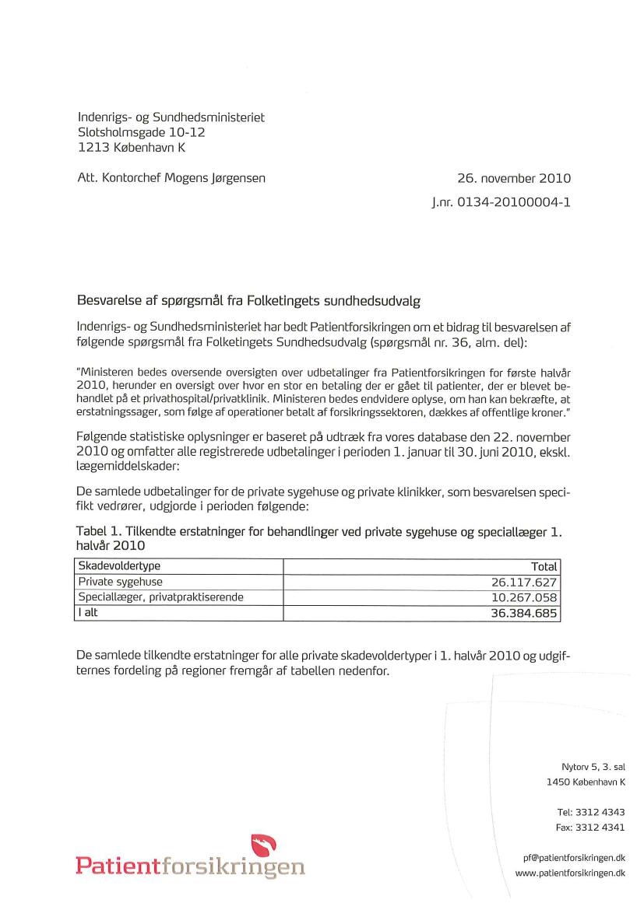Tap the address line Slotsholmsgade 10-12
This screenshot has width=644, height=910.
coord(142,132)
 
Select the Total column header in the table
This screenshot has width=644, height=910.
coord(544,567)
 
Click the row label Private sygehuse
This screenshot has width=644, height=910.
coord(121,582)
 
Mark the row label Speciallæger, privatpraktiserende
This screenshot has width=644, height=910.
coord(160,597)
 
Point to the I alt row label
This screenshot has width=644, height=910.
coord(88,613)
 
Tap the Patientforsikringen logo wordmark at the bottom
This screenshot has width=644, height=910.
coord(190,866)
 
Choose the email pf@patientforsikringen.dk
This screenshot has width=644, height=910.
coord(574,858)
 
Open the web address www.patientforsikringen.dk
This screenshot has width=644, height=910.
coord(570,873)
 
